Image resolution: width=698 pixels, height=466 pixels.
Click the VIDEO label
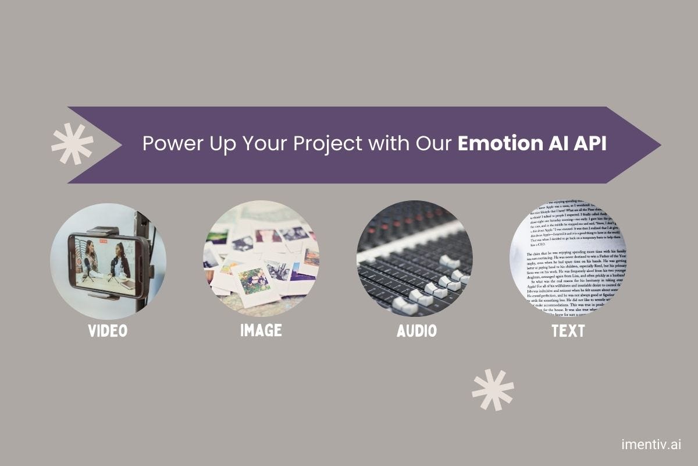click(108, 331)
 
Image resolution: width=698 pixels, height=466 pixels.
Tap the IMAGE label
click(261, 331)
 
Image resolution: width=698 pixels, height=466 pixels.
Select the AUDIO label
click(416, 331)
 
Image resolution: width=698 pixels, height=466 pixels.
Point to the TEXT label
click(568, 331)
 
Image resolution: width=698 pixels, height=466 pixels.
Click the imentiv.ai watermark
click(651, 445)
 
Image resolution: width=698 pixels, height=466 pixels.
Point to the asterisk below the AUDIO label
click(493, 389)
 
